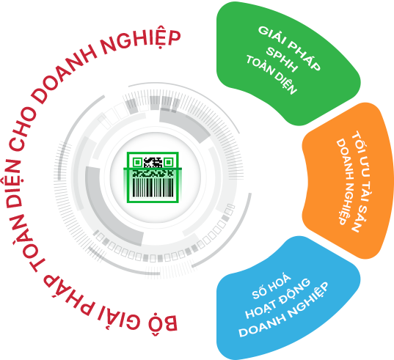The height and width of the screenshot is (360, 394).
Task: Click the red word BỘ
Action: click(x=163, y=322)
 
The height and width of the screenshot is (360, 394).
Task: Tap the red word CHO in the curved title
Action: click(x=22, y=128)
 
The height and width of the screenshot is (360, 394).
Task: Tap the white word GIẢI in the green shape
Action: click(x=272, y=37)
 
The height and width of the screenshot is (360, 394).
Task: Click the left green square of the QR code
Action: click(x=137, y=163)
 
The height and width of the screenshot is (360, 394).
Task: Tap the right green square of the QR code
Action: click(x=168, y=163)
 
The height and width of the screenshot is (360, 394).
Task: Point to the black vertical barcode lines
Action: click(x=153, y=187)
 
